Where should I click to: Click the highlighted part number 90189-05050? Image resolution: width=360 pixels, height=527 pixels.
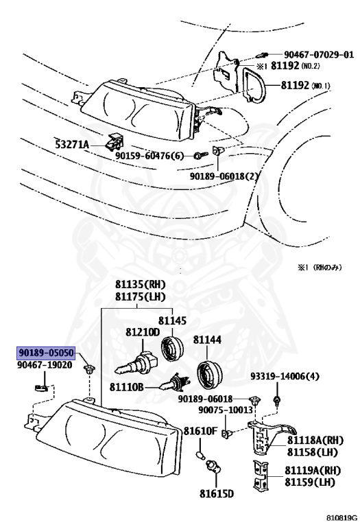45,354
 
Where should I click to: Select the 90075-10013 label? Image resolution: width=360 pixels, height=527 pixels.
226,410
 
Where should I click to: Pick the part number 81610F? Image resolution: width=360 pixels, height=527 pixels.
200,431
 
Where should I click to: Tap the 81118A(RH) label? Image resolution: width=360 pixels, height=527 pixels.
313,440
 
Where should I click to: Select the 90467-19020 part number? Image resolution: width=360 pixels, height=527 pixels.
45,366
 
